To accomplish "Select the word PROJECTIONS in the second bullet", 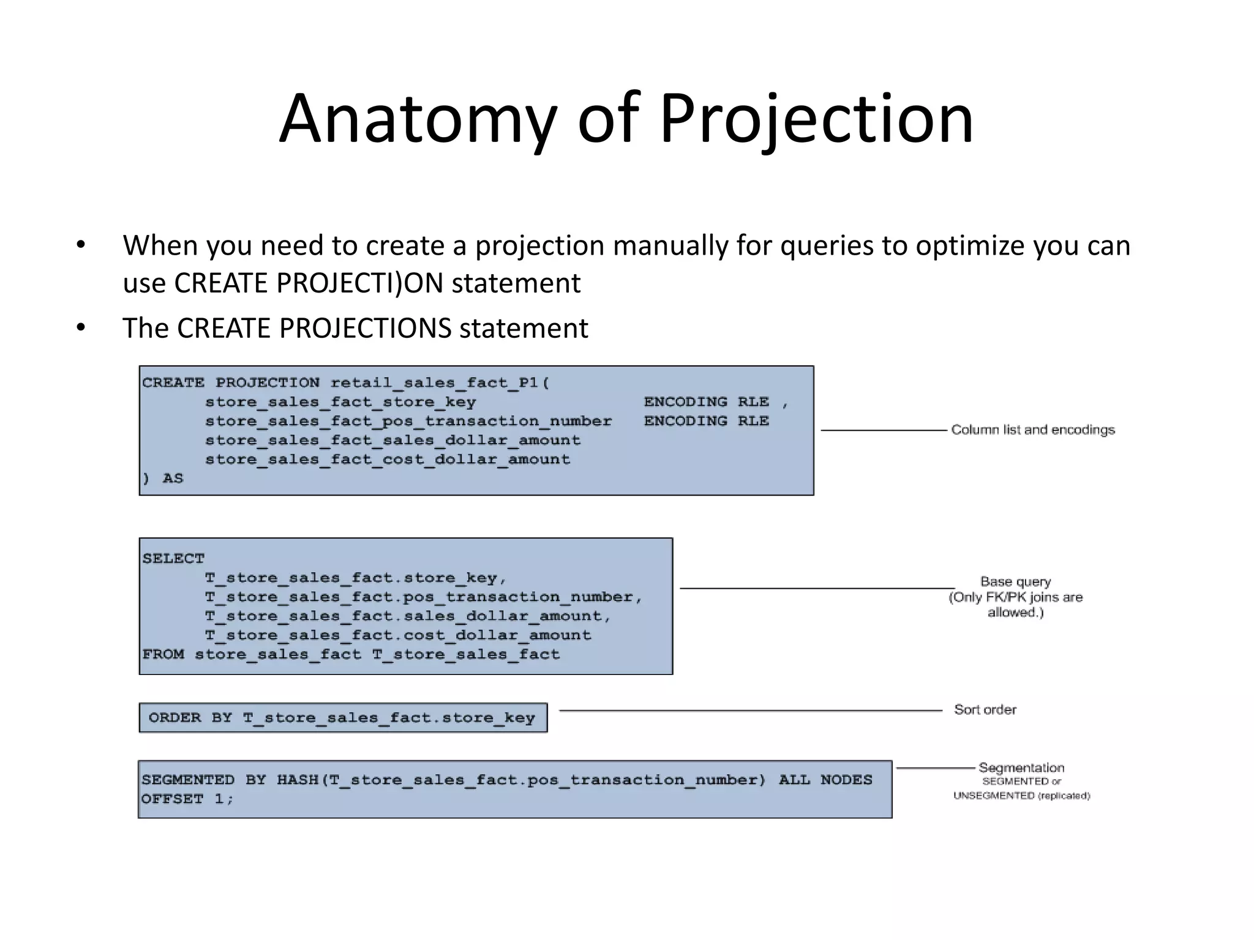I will pos(365,328).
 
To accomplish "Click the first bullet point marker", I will pos(81,245).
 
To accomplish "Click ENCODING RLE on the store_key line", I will pos(706,402).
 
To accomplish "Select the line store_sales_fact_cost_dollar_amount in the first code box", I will pos(387,460).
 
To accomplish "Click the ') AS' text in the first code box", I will pos(163,479).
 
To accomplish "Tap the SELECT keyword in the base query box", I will pos(173,558).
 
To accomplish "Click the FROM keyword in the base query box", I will pos(163,654).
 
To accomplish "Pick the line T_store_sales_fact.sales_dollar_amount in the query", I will pos(407,616).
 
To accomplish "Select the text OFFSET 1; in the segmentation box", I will pos(187,799).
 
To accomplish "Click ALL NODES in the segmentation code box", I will pos(825,780).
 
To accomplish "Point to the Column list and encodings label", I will pos(1032,430).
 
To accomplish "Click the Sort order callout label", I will pos(985,710).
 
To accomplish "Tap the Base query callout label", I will pos(1015,582).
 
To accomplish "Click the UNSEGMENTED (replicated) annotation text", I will pos(1021,796).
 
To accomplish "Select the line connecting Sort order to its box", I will pos(750,711).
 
